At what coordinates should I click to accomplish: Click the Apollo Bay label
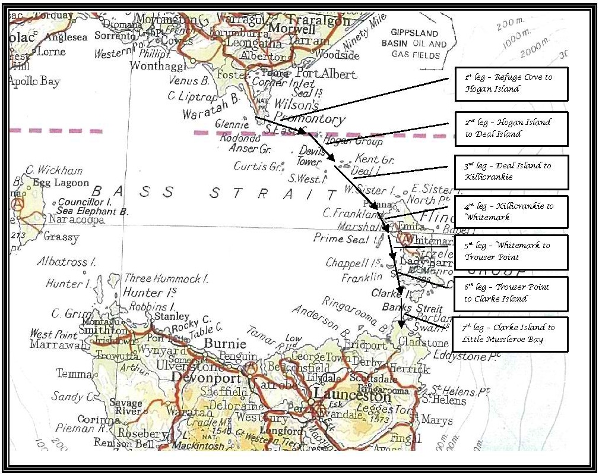coord(34,81)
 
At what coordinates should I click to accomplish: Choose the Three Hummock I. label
coord(166,278)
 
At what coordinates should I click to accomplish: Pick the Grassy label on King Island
coord(61,237)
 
